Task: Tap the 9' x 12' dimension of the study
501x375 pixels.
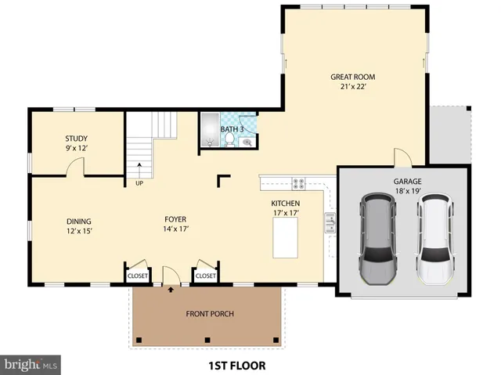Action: coord(76,147)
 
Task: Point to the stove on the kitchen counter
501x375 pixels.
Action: coord(298,184)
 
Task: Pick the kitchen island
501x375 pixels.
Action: coord(286,238)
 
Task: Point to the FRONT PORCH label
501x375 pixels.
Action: coord(210,314)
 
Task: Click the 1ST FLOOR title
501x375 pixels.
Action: coord(236,365)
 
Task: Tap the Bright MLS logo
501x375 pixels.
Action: coord(31,364)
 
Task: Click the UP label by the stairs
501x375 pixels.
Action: coord(139,184)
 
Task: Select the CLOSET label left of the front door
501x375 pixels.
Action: coord(138,276)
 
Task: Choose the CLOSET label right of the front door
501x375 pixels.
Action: coord(205,276)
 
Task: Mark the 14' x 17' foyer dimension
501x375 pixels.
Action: coord(175,229)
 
